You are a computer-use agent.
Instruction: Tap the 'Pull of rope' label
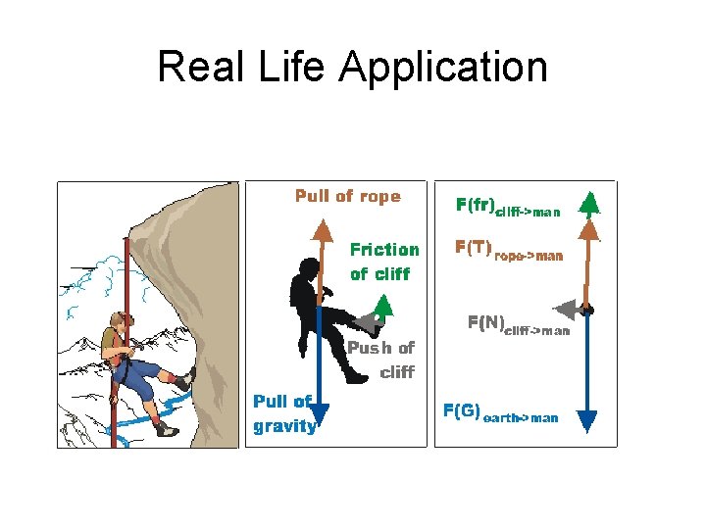tap(348, 196)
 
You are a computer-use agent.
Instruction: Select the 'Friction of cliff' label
tap(384, 262)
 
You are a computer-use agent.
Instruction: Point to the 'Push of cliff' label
tap(382, 360)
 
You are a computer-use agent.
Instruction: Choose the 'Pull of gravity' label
tap(284, 413)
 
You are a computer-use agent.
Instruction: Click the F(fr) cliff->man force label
tap(508, 207)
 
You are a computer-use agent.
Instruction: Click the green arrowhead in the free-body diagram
tap(588, 203)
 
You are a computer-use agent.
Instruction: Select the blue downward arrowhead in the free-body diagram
tap(587, 420)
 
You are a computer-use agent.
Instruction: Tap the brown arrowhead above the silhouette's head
tap(320, 230)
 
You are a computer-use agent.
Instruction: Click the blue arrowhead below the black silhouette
tap(320, 413)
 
